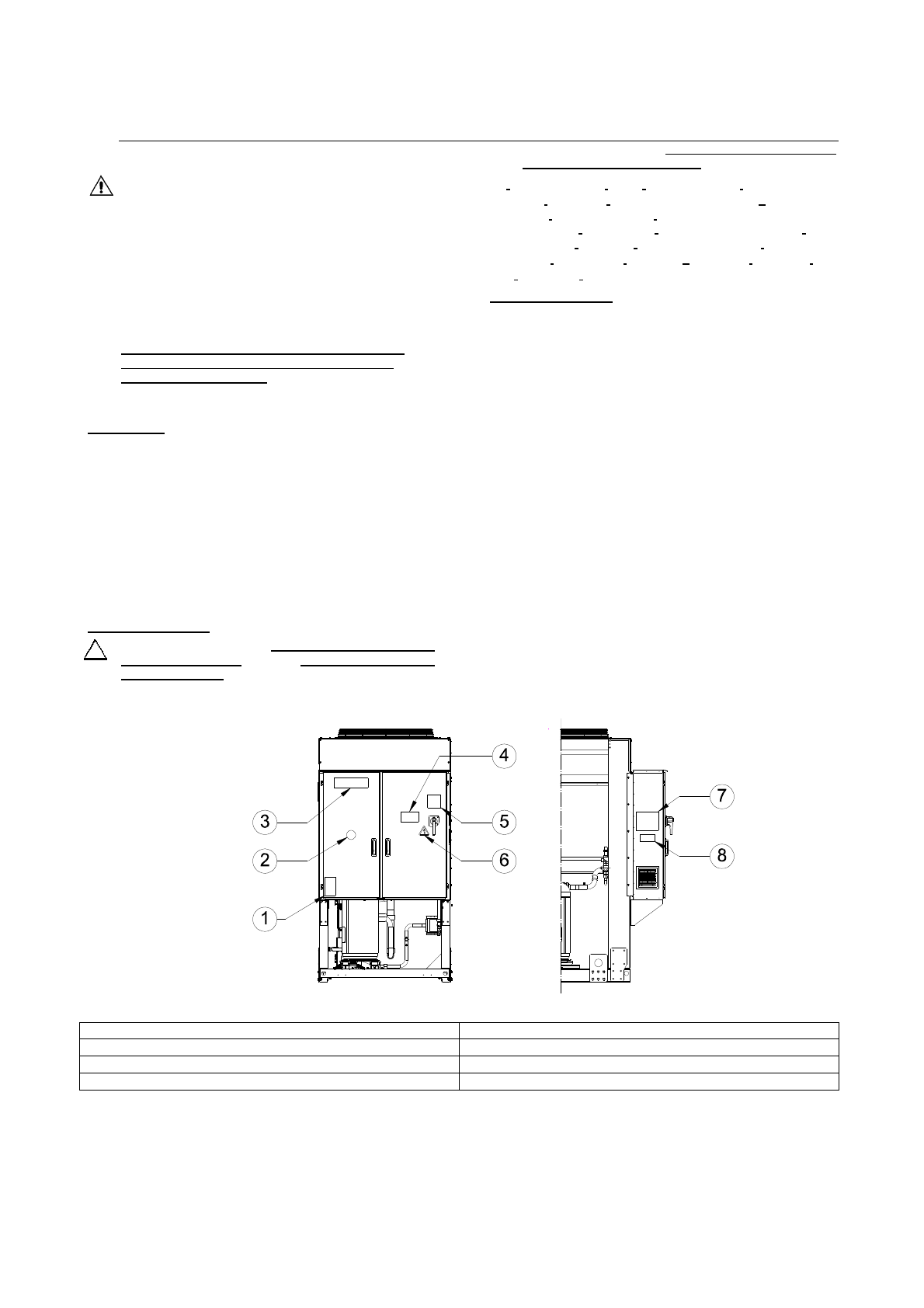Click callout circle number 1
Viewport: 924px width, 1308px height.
265,919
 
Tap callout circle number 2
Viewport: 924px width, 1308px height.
265,860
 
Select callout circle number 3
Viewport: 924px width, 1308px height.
265,822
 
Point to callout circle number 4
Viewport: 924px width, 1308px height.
504,756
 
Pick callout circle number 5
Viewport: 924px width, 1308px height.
504,822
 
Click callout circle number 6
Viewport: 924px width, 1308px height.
504,860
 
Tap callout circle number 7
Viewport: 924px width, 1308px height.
721,796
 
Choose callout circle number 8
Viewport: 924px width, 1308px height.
721,855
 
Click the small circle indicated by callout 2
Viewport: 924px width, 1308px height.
351,835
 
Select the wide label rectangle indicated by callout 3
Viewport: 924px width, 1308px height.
352,783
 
